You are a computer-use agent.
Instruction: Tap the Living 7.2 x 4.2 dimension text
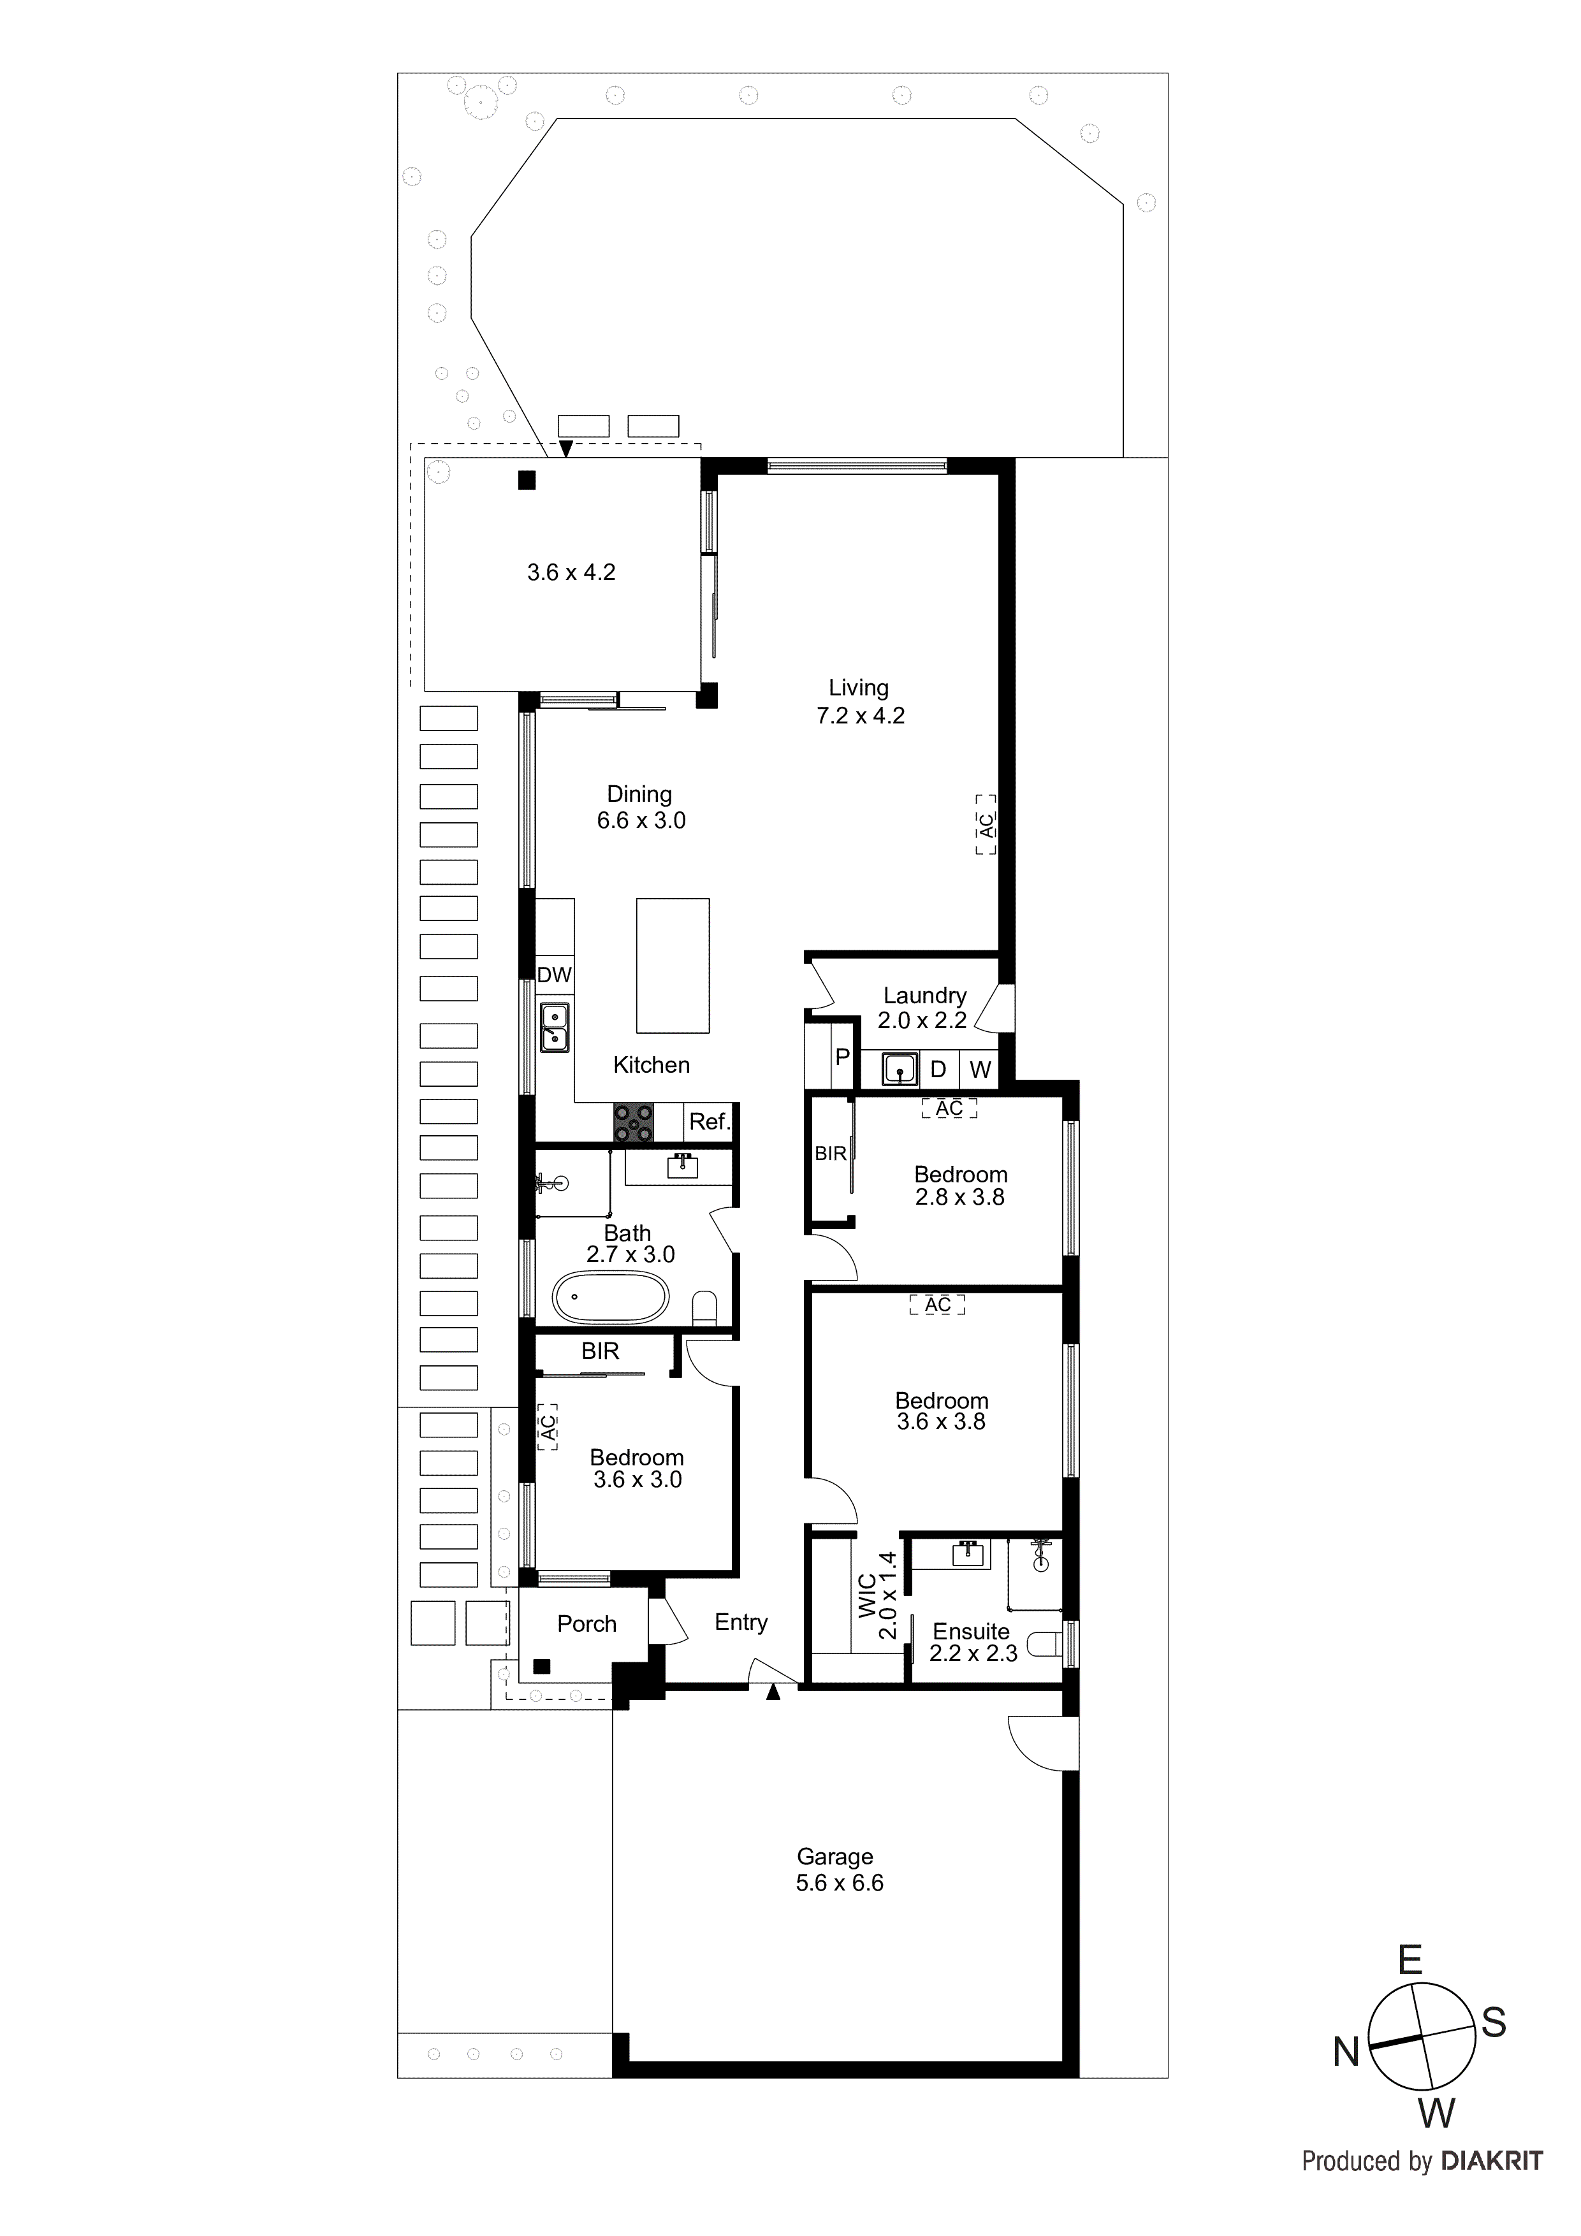click(x=860, y=716)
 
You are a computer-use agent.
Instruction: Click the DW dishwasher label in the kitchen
click(x=554, y=975)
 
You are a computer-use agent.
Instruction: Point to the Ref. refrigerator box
click(x=709, y=1122)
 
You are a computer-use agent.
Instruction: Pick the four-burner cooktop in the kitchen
click(x=633, y=1122)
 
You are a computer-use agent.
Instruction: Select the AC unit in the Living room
click(x=986, y=825)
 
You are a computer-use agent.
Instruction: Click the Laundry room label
click(x=924, y=995)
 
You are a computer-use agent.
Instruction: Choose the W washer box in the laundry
click(x=980, y=1070)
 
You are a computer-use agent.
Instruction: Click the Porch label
click(x=586, y=1623)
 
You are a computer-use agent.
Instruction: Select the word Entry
click(x=740, y=1622)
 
